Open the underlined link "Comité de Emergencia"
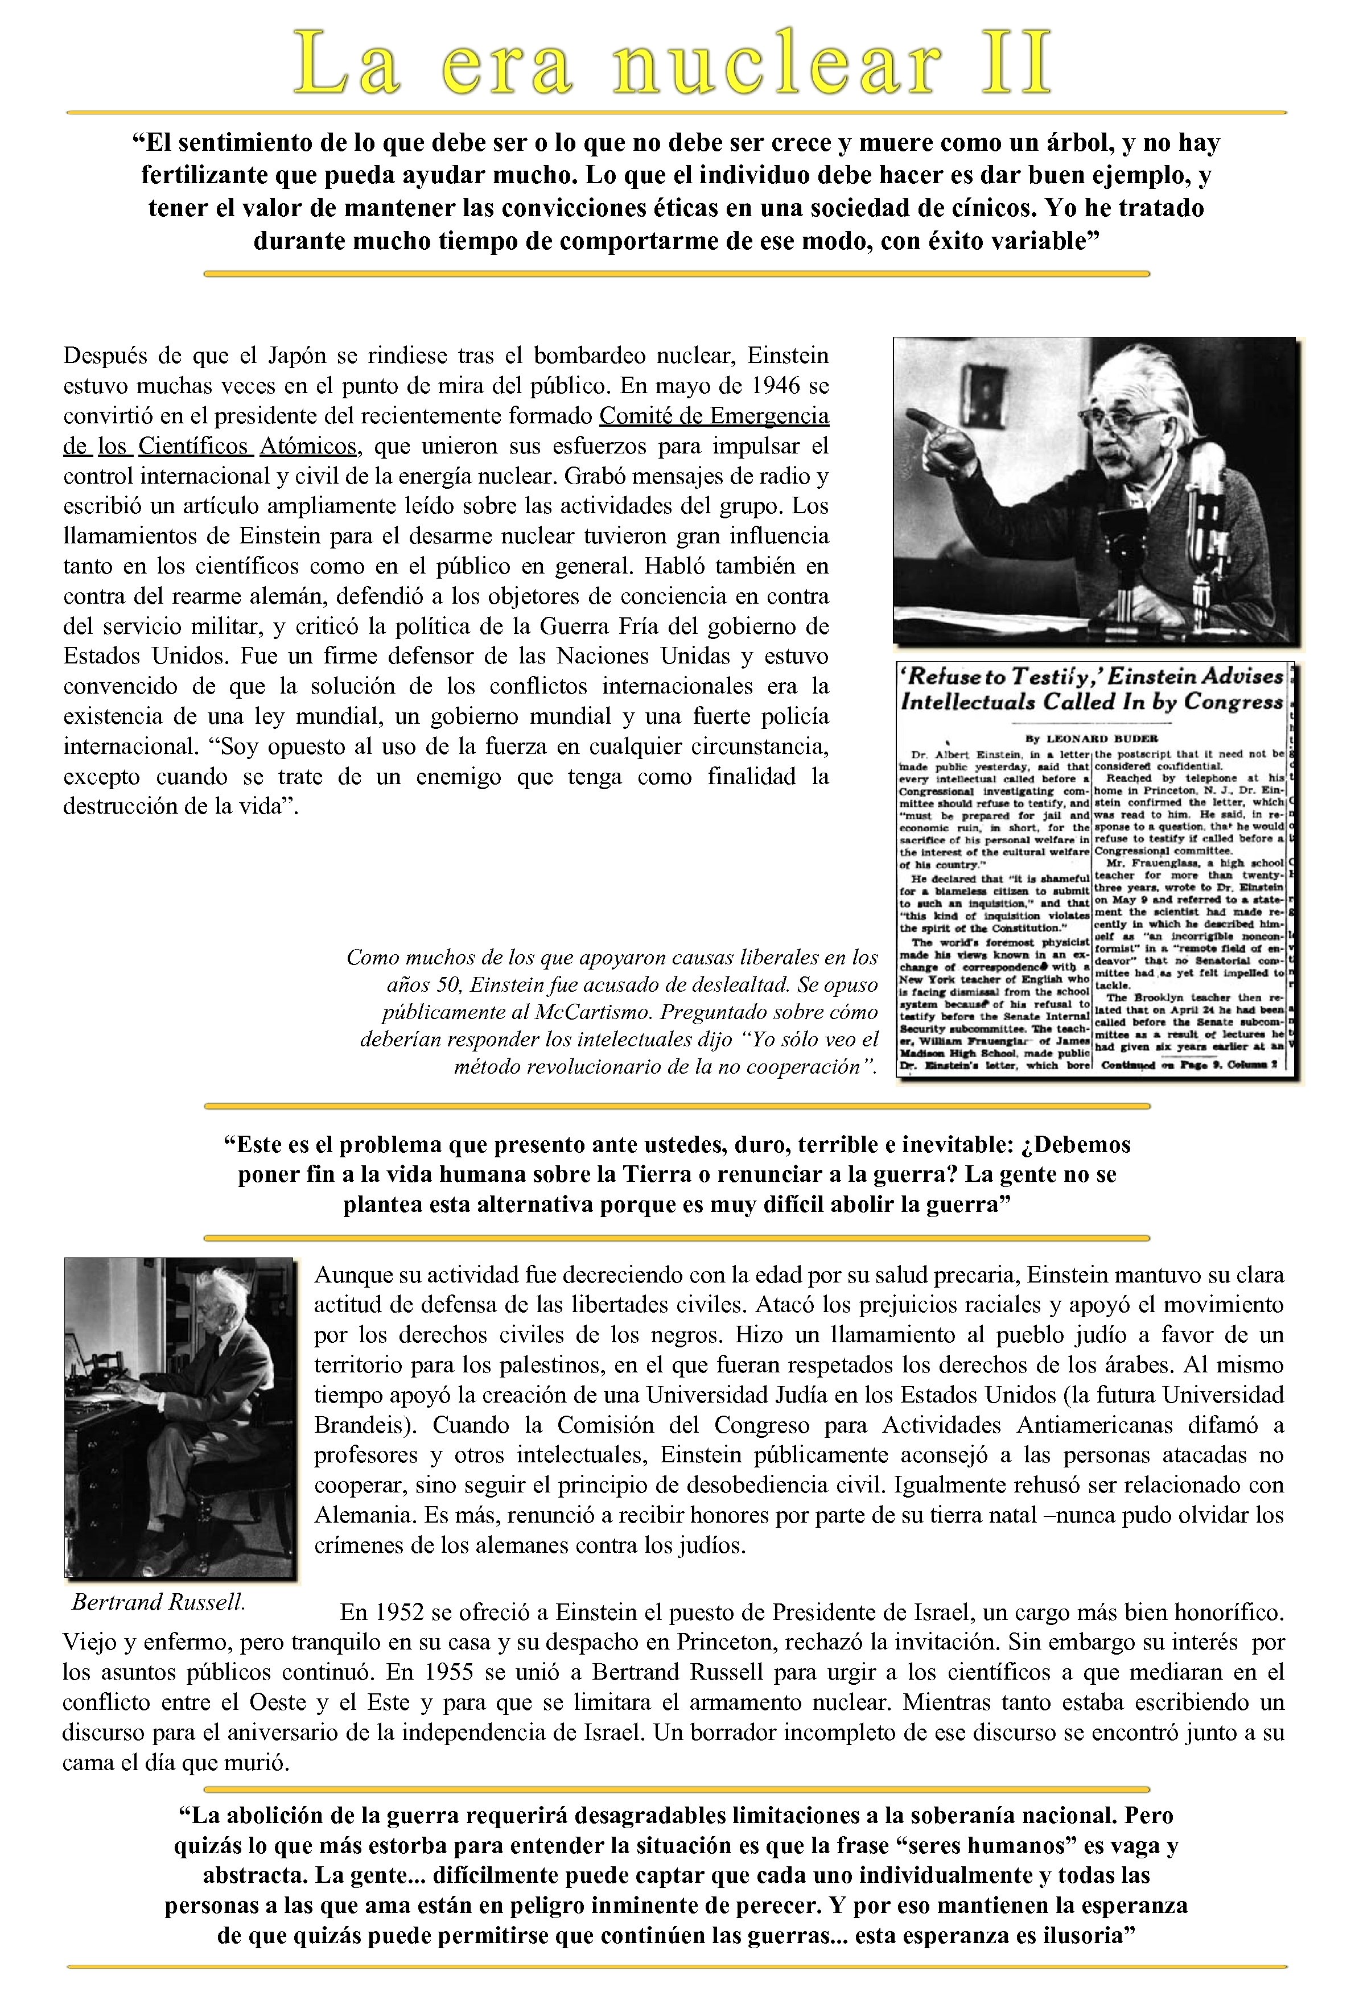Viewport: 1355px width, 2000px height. tap(714, 416)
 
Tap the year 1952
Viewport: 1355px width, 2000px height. tap(402, 1611)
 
